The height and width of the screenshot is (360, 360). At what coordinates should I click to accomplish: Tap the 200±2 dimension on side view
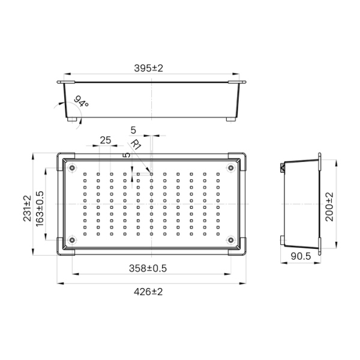pyautogui.click(x=329, y=206)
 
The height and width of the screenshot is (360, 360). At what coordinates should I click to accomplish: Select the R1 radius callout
pyautogui.click(x=136, y=145)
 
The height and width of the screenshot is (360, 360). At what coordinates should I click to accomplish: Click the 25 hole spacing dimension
pyautogui.click(x=105, y=140)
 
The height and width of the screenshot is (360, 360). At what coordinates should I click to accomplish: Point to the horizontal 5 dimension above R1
pyautogui.click(x=133, y=130)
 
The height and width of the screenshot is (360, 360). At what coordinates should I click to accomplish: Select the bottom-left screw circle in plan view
pyautogui.click(x=72, y=240)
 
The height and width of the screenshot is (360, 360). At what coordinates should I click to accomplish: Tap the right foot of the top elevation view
pyautogui.click(x=231, y=119)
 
